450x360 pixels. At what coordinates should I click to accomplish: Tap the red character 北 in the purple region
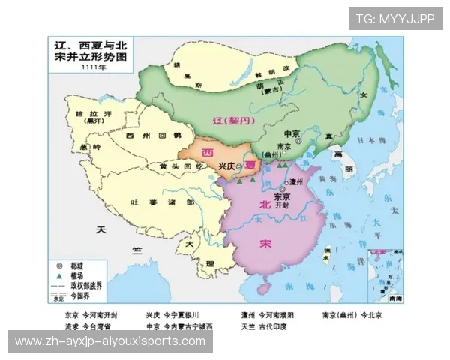[x=263, y=205]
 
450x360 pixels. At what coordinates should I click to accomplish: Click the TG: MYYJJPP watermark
[x=394, y=19]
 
